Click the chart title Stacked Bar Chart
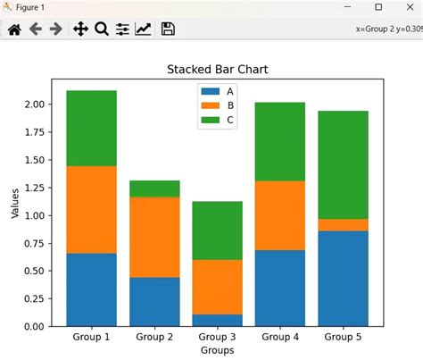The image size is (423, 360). coord(218,70)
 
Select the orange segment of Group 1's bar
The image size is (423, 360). coord(91,210)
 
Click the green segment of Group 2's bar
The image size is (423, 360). coord(154,188)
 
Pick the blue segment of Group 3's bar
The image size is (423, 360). coord(217,320)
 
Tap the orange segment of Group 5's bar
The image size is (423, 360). coord(343,225)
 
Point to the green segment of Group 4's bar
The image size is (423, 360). coord(280,141)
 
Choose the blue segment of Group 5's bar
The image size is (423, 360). coord(343,278)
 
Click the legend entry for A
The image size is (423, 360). coord(219,90)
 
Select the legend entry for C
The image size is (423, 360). coord(219,120)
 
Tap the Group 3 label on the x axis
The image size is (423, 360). coord(217,338)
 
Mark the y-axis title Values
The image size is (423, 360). coord(14,202)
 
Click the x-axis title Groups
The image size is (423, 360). coord(217,351)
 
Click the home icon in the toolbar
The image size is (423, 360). coord(13,29)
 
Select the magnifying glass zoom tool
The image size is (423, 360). coord(101,29)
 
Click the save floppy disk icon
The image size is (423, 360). coord(167,29)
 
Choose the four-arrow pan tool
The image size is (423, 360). coord(79,29)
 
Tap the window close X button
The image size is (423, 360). coord(406,7)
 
